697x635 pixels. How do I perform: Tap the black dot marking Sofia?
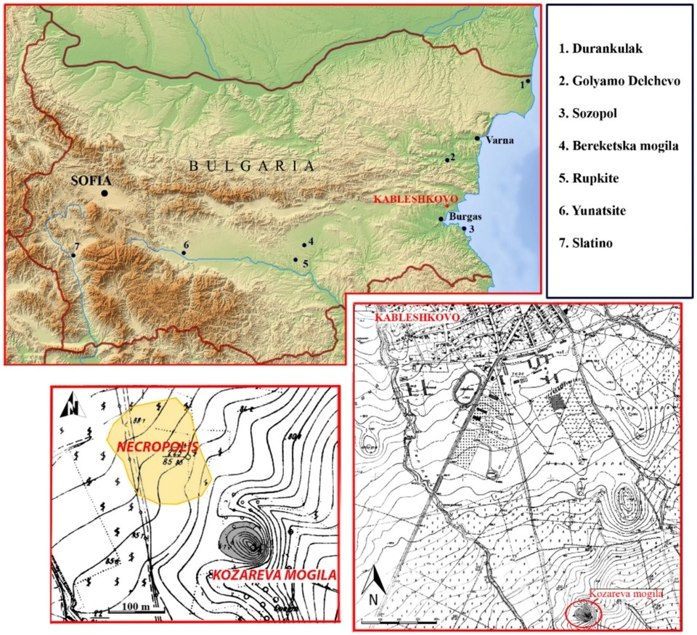click(105, 193)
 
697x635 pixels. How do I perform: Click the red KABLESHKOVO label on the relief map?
click(409, 198)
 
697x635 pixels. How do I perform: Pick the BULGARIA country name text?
click(252, 166)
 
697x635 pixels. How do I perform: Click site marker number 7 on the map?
click(73, 255)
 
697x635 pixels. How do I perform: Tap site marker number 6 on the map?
click(184, 254)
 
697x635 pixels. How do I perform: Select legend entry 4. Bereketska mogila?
click(618, 146)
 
